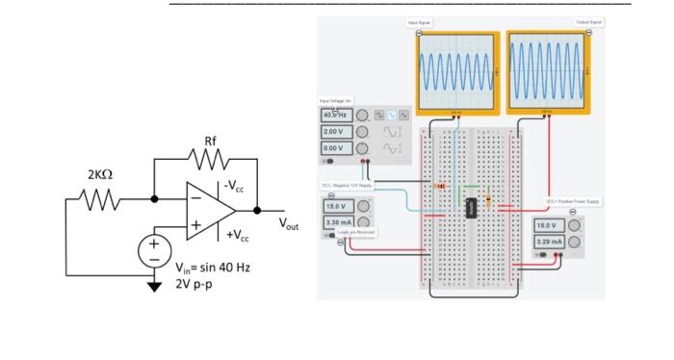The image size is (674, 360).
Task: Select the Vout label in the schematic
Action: (289, 223)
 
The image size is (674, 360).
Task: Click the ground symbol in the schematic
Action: (153, 285)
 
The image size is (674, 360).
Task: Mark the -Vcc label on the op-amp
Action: (234, 185)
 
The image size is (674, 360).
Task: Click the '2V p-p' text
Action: (195, 285)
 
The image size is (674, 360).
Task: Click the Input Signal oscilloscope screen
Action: (456, 73)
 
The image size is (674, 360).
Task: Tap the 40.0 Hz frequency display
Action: (335, 115)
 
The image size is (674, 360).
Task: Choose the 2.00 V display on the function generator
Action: (335, 131)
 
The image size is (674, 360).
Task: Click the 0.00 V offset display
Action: (335, 148)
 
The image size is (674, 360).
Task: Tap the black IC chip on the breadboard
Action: (472, 207)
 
